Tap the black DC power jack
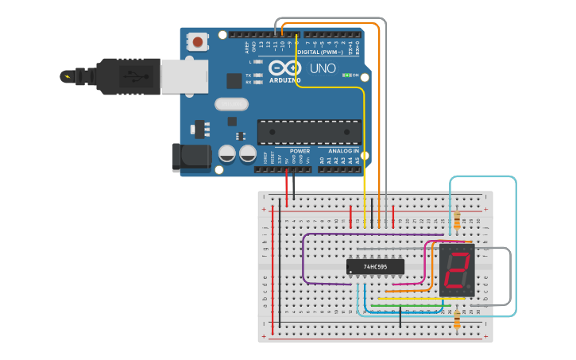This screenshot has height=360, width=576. click(x=191, y=157)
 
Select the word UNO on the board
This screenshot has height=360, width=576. click(x=322, y=69)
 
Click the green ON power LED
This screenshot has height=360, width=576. click(x=346, y=75)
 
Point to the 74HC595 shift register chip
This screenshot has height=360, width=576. click(x=375, y=267)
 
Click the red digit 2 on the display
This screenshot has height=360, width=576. click(x=457, y=270)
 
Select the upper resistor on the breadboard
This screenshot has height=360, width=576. click(x=457, y=219)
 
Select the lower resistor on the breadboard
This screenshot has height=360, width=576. click(x=457, y=319)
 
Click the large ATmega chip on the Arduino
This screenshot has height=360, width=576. click(x=307, y=132)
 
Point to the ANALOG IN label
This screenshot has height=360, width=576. click(x=338, y=150)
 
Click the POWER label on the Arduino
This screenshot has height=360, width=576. click(x=300, y=150)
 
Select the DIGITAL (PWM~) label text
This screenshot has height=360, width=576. click(x=319, y=52)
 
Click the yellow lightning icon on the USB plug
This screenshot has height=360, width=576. click(x=68, y=77)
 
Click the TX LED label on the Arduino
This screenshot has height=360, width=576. click(x=249, y=75)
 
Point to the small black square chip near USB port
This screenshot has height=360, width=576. click(x=234, y=81)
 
